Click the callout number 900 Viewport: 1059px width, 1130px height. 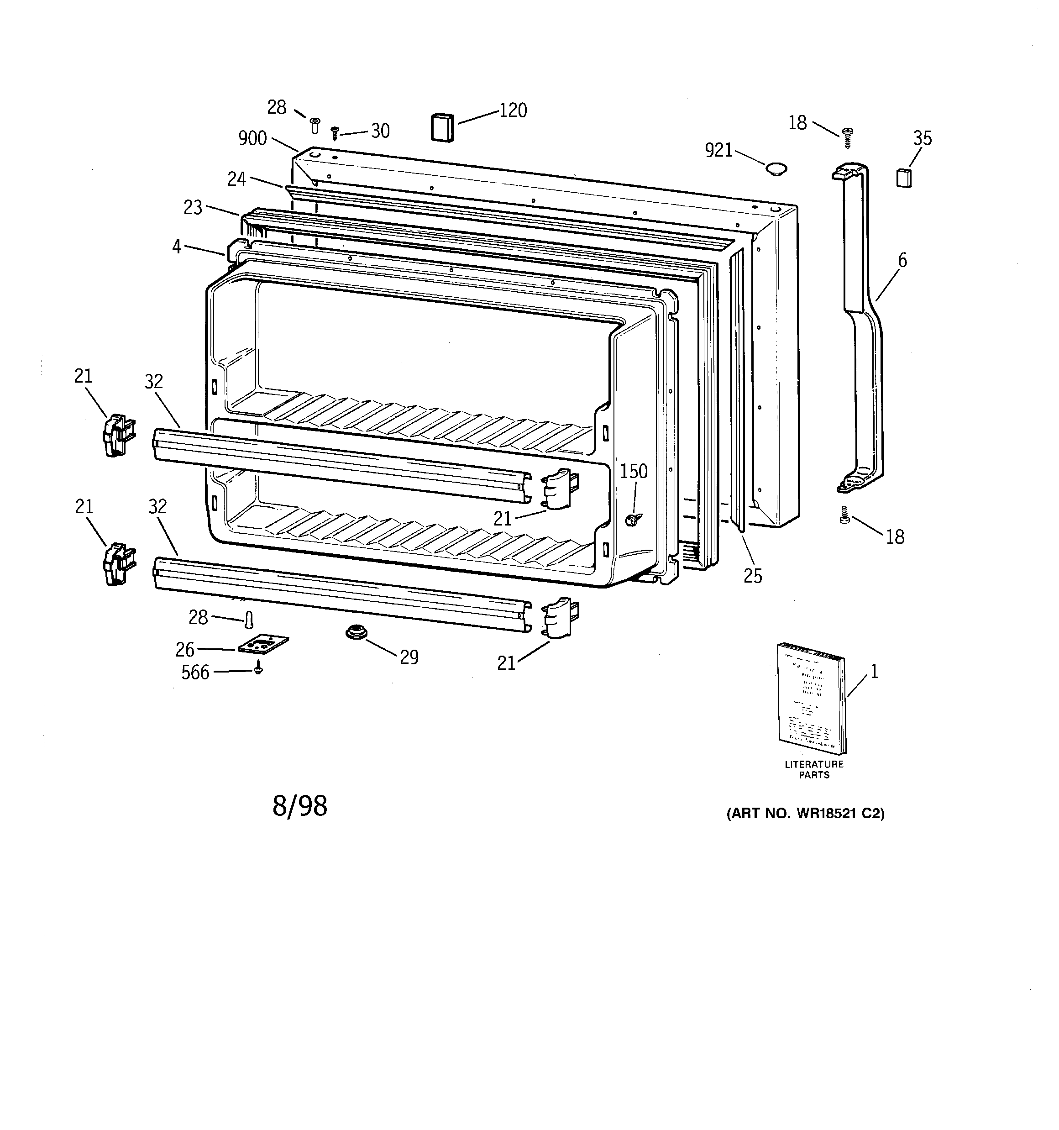pos(252,138)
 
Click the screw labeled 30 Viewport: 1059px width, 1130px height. pos(335,133)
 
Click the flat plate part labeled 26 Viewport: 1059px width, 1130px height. pos(262,645)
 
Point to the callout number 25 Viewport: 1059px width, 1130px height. pos(753,576)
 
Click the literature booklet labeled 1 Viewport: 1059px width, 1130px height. pos(811,698)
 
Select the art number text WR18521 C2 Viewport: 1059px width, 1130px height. pos(805,814)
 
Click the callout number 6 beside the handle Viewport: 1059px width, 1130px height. pos(902,261)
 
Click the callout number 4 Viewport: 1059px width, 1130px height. pos(177,247)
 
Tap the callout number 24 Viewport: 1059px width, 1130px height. pos(236,179)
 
